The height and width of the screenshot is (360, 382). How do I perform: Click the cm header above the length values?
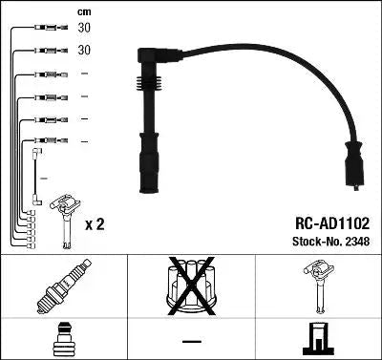(83, 11)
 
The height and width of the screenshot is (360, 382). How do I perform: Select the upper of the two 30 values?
(84, 29)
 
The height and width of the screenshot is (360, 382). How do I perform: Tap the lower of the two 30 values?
(84, 50)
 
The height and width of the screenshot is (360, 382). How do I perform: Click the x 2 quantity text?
(94, 225)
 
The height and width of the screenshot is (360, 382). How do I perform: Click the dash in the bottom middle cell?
(190, 340)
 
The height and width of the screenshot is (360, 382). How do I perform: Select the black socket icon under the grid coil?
(318, 340)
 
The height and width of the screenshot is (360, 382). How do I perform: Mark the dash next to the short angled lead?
(45, 177)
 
